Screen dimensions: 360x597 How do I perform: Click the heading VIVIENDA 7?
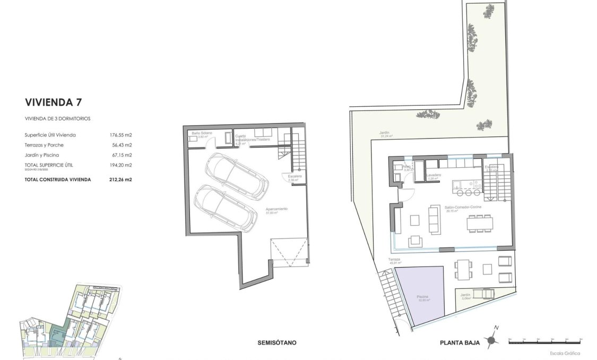click(53, 101)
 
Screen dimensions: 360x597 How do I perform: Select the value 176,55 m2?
click(120, 135)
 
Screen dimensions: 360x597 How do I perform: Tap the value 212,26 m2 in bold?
click(120, 179)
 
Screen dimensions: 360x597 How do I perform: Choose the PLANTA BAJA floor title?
click(460, 342)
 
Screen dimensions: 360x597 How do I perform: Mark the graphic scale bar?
click(545, 341)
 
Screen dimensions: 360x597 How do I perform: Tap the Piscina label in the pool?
click(422, 297)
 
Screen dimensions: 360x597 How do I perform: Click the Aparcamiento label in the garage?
click(276, 209)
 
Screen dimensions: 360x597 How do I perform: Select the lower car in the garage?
click(223, 207)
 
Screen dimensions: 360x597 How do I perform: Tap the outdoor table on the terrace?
click(463, 269)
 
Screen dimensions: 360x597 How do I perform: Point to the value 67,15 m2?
click(120, 155)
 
